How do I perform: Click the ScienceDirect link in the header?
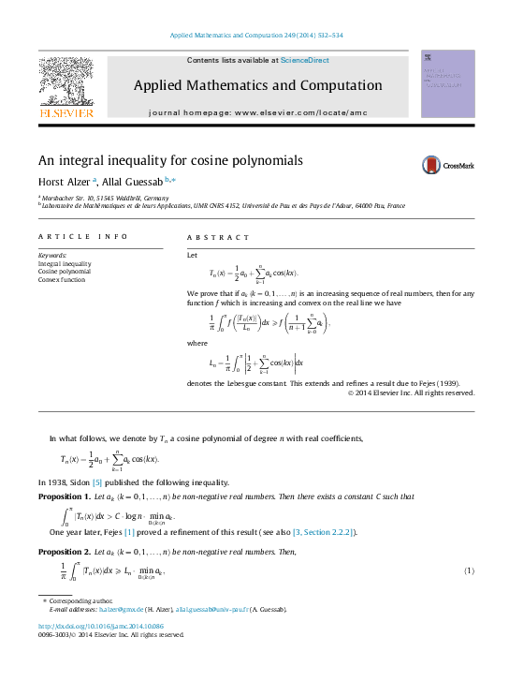pos(305,61)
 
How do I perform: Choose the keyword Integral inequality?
pos(65,264)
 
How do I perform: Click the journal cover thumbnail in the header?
pos(447,84)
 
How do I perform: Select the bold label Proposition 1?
pos(62,496)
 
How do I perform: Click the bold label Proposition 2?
pos(62,553)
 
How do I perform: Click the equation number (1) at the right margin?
pos(469,570)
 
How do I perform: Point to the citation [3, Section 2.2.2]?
pos(323,532)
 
